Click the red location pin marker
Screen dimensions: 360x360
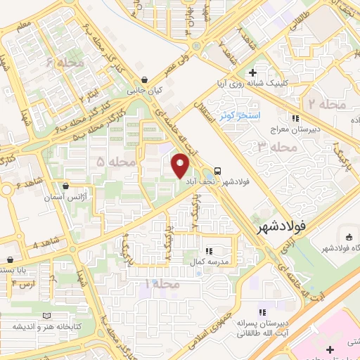(181, 165)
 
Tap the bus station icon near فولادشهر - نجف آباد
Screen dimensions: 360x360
(217, 171)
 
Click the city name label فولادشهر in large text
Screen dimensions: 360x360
(279, 227)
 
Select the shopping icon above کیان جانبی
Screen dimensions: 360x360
(144, 80)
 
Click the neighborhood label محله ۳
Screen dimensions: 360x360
(275, 147)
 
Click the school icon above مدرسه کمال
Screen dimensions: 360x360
(209, 250)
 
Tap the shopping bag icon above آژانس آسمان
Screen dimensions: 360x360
(66, 187)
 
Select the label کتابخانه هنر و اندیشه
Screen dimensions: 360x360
(42, 327)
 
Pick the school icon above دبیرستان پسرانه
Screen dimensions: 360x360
(262, 311)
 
